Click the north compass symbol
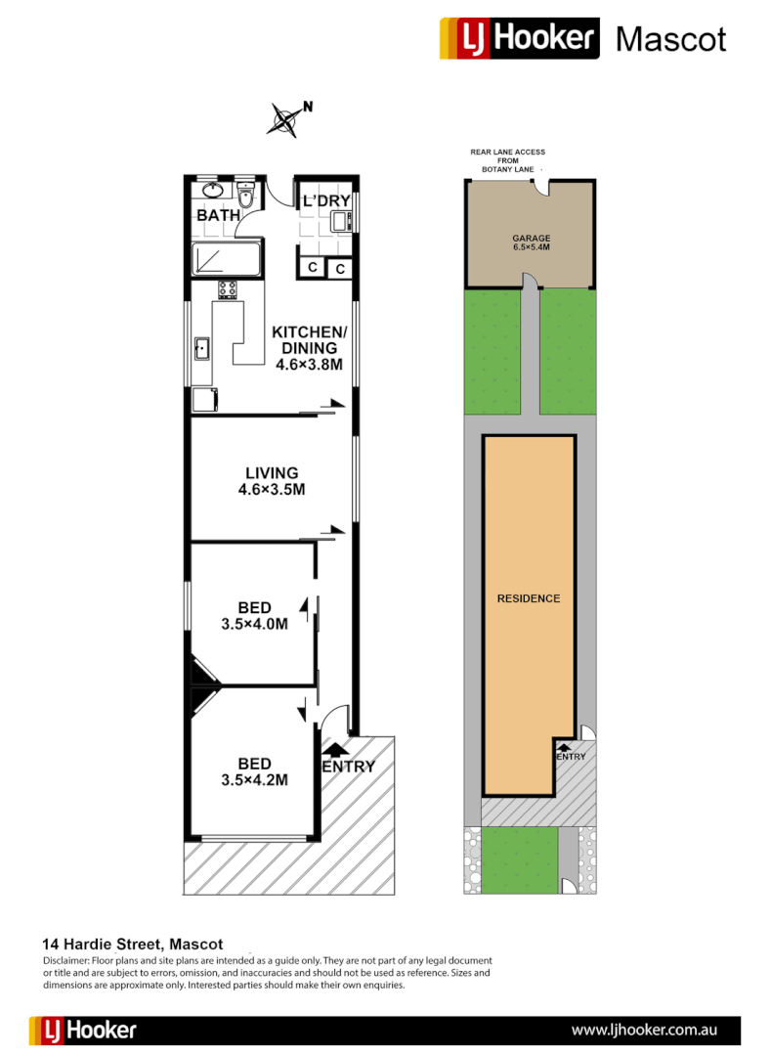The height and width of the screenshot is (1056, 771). click(286, 119)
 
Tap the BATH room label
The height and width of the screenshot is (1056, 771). click(219, 215)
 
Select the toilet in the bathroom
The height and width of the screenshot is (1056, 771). click(246, 197)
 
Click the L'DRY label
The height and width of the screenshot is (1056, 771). click(325, 201)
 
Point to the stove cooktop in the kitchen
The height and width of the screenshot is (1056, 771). click(228, 289)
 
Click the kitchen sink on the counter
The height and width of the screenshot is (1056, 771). click(202, 348)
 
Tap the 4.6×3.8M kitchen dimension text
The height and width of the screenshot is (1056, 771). click(309, 365)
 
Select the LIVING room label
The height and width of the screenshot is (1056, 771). click(272, 473)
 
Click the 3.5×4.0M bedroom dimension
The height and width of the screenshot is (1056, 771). click(253, 624)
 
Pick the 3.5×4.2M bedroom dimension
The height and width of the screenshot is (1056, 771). click(253, 780)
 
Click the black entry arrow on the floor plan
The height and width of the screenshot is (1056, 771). click(334, 750)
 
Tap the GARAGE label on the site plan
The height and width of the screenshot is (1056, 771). click(532, 238)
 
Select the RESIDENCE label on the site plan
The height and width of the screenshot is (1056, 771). click(529, 598)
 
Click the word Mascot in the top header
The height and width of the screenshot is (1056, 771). click(671, 39)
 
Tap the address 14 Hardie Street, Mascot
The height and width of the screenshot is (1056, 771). click(133, 945)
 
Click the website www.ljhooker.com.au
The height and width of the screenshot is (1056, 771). click(645, 1031)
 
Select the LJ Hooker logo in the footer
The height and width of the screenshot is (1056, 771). click(84, 1031)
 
